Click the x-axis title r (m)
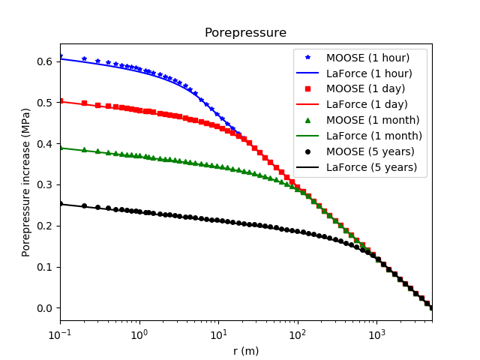pyautogui.click(x=245, y=351)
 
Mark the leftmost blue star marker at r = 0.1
pyautogui.click(x=61, y=56)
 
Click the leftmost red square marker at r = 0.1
pyautogui.click(x=61, y=100)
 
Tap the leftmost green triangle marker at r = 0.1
pyautogui.click(x=61, y=148)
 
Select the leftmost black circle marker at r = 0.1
pyautogui.click(x=61, y=203)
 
